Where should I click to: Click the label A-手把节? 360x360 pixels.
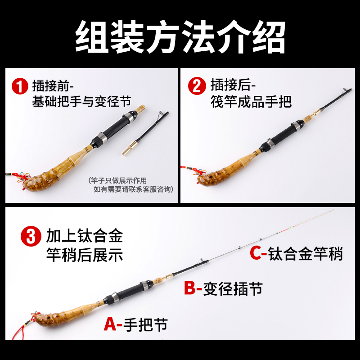[135, 324]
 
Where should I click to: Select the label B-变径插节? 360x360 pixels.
[223, 288]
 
